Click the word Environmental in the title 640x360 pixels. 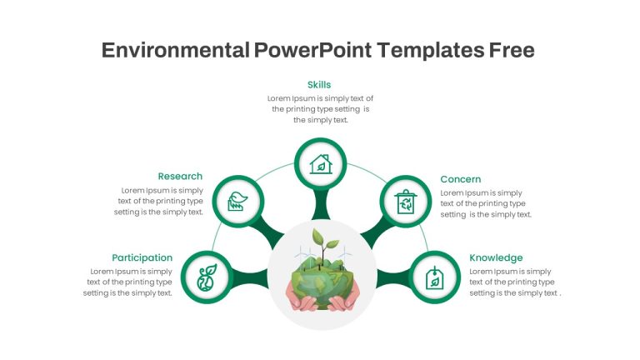point(176,50)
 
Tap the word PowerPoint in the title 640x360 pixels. point(312,50)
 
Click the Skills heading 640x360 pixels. point(319,85)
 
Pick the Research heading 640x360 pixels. point(180,177)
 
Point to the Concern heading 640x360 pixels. point(460,179)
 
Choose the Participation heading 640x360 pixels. point(142,258)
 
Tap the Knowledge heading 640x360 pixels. point(496,258)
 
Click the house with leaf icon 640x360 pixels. point(321,164)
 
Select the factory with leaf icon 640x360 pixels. point(238,201)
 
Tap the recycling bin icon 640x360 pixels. point(405,202)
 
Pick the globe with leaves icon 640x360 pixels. point(207,277)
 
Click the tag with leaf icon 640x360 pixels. point(435,277)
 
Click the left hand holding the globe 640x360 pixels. point(302,300)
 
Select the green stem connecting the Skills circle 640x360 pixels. point(321,205)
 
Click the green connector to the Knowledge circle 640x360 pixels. point(392,278)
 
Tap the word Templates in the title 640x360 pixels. point(430,50)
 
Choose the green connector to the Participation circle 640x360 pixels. point(250,277)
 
